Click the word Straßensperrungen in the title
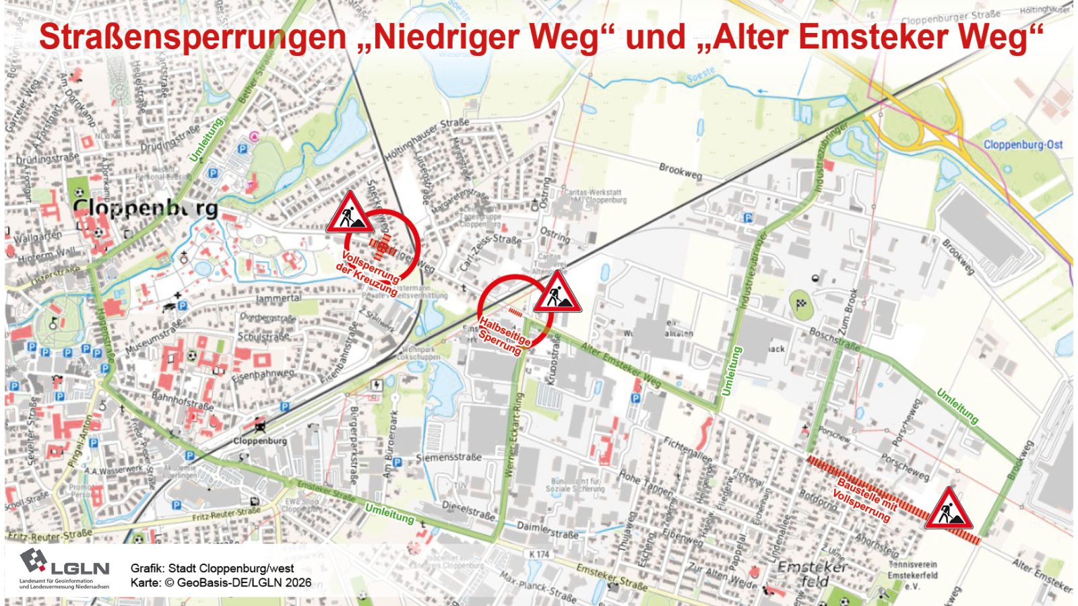pyautogui.click(x=192, y=37)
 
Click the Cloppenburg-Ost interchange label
pyautogui.click(x=1023, y=145)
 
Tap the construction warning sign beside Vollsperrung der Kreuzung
pyautogui.click(x=349, y=213)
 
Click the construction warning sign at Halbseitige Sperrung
pyautogui.click(x=557, y=293)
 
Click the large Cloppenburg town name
pyautogui.click(x=145, y=207)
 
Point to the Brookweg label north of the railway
pyautogui.click(x=680, y=171)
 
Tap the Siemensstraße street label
pyautogui.click(x=449, y=457)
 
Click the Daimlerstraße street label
pyautogui.click(x=547, y=529)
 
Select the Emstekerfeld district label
pyautogui.click(x=812, y=574)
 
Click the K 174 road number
pyautogui.click(x=539, y=554)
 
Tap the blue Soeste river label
pyautogui.click(x=701, y=78)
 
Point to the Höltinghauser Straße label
pyautogui.click(x=426, y=139)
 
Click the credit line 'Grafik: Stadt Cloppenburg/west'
pyautogui.click(x=212, y=568)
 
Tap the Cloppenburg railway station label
pyautogui.click(x=260, y=441)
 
